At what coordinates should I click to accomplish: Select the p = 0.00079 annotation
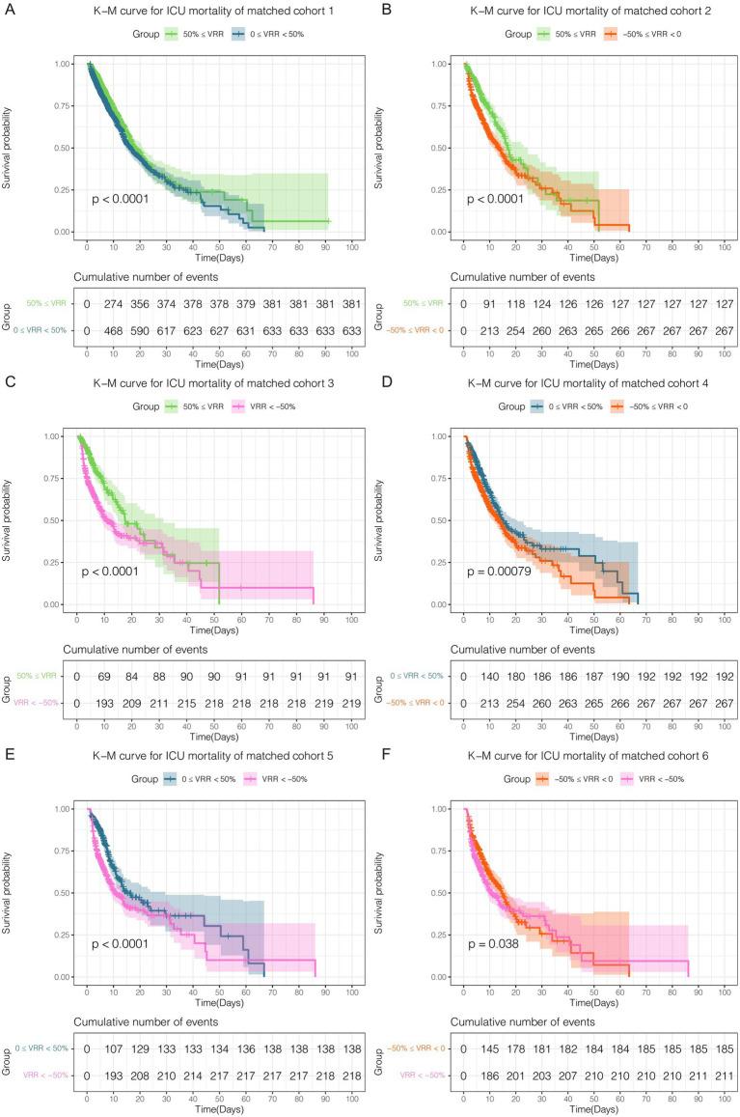500,571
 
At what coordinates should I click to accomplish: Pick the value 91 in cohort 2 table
491,305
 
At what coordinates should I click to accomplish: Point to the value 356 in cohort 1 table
142,305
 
